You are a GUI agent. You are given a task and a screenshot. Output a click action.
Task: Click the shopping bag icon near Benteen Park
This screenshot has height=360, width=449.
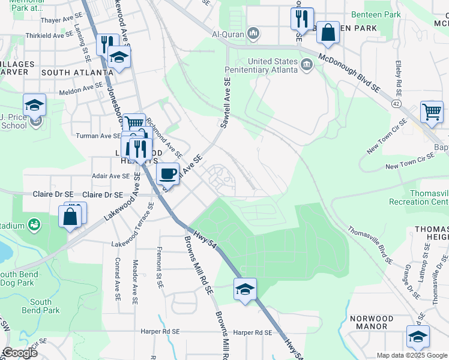click(x=329, y=34)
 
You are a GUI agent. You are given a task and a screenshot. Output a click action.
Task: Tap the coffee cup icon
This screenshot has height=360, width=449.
click(x=168, y=173)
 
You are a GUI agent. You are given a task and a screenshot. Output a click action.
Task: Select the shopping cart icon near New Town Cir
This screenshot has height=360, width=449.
click(x=432, y=112)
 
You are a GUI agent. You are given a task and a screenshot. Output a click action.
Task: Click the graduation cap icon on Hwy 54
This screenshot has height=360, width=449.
click(x=245, y=289)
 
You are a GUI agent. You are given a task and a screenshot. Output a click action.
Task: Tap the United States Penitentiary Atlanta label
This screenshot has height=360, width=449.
click(x=273, y=65)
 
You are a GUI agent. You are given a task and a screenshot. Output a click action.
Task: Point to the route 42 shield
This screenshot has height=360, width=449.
click(x=397, y=103)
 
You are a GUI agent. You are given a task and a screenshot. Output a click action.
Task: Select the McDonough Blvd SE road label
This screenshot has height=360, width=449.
click(x=350, y=74)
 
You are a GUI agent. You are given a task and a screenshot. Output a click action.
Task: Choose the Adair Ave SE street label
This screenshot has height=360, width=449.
click(x=110, y=176)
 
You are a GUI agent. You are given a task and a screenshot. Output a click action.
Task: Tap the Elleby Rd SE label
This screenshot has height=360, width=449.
click(x=398, y=77)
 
